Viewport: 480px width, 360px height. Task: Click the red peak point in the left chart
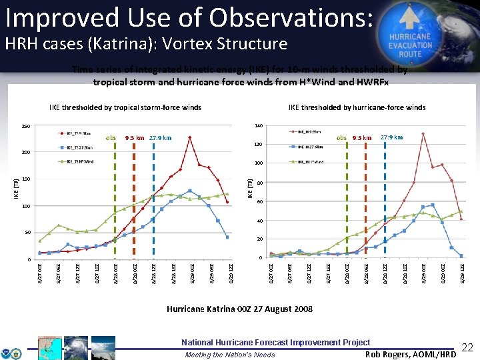click(x=190, y=138)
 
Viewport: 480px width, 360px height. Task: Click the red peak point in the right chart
click(x=423, y=134)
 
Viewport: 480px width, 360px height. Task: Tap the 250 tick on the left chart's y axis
click(x=26, y=126)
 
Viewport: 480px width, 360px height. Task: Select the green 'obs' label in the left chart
click(x=111, y=138)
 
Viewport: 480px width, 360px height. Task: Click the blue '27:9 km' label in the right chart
click(x=391, y=137)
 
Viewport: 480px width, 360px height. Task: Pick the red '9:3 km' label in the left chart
click(x=135, y=138)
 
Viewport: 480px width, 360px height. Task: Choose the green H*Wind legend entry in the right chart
click(x=309, y=161)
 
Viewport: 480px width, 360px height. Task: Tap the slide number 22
click(x=468, y=347)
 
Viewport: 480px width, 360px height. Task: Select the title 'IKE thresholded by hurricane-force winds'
click(x=357, y=107)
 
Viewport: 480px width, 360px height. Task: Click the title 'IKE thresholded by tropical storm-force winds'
click(x=125, y=107)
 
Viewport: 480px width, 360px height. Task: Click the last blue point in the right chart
click(x=461, y=256)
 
